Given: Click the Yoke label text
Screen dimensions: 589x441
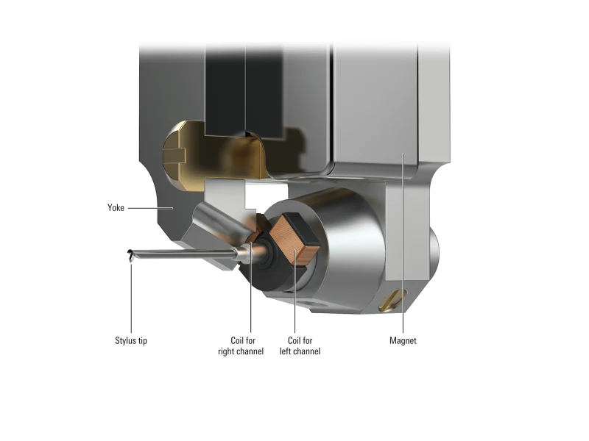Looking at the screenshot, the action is (116, 208).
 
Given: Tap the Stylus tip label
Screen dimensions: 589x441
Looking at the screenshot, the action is (131, 340).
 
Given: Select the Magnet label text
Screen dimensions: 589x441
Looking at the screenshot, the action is (403, 340).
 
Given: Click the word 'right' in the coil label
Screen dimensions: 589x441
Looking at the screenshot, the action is (228, 351).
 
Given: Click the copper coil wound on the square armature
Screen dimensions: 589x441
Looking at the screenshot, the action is (294, 240).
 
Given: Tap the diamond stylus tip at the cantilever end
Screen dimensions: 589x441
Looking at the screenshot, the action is (130, 255).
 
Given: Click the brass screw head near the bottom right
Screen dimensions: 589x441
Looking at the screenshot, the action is (392, 300).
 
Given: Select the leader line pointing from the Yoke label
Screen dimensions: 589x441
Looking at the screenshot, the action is (150, 208).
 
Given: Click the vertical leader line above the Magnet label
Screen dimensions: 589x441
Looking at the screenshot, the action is (403, 243).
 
